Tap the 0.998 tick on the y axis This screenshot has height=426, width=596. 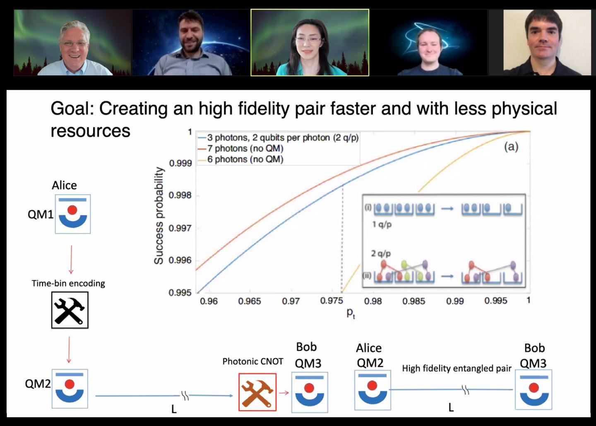180,195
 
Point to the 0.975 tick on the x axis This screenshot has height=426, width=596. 332,301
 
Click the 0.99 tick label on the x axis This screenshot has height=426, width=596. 455,301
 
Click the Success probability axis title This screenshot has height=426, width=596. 159,216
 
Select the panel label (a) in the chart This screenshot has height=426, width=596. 511,147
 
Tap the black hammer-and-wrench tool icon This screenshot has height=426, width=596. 70,310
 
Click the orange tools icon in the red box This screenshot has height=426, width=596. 257,392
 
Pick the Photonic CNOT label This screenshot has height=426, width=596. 253,361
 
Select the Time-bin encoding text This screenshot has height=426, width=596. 68,284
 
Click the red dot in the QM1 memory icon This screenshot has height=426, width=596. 72,210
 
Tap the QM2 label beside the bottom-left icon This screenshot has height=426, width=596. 38,384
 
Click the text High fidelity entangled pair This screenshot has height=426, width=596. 457,368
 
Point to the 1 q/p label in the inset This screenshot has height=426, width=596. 382,225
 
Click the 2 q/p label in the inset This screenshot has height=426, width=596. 381,254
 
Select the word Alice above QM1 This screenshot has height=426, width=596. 64,185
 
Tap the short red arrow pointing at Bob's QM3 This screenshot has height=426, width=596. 284,392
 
